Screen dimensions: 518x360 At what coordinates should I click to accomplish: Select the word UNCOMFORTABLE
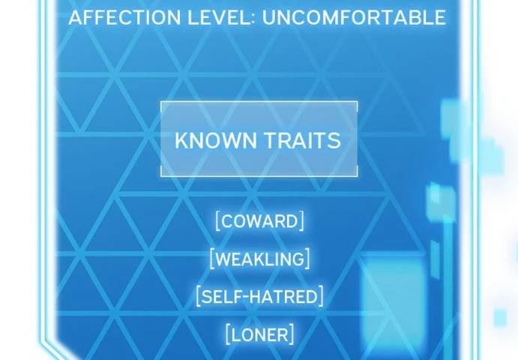click(354, 17)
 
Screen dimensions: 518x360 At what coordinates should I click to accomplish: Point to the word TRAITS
click(303, 140)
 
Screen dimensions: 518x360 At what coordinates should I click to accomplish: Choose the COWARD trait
click(259, 221)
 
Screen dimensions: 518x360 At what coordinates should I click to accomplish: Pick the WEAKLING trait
click(259, 259)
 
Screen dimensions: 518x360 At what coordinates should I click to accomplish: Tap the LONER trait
click(259, 334)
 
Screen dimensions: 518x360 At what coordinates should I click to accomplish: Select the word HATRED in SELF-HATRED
click(284, 296)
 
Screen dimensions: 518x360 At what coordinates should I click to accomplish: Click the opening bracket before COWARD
click(217, 221)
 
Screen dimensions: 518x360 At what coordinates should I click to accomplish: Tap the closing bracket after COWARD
click(301, 221)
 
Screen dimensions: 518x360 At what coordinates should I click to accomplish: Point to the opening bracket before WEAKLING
click(212, 259)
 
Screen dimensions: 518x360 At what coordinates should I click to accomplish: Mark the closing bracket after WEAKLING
click(307, 259)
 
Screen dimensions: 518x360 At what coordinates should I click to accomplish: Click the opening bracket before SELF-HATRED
click(198, 296)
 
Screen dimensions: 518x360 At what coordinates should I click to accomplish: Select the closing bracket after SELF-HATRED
click(321, 296)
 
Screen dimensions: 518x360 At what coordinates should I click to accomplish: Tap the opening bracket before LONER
click(228, 334)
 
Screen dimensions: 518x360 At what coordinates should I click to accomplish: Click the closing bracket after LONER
click(292, 334)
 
